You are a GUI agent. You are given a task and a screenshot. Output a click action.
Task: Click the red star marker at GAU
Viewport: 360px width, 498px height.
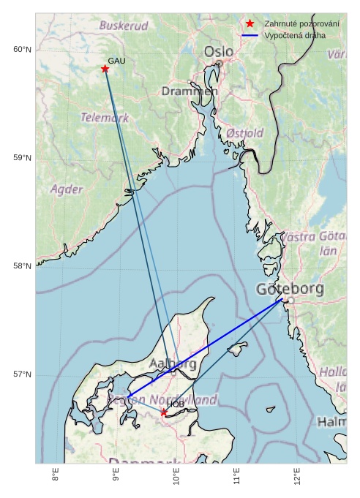pyautogui.click(x=105, y=69)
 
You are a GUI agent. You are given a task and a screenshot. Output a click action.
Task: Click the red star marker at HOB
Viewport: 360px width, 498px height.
pyautogui.click(x=164, y=412)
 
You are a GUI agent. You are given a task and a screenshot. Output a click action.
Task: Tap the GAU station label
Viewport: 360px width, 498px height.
pyautogui.click(x=117, y=61)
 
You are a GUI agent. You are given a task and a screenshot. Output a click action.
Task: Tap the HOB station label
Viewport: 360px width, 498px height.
pyautogui.click(x=176, y=404)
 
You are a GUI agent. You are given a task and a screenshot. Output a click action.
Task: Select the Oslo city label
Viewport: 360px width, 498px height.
pyautogui.click(x=219, y=52)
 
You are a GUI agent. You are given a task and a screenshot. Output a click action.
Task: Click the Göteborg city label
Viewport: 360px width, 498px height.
pyautogui.click(x=290, y=290)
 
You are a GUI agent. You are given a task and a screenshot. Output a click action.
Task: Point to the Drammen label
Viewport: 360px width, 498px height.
pyautogui.click(x=190, y=91)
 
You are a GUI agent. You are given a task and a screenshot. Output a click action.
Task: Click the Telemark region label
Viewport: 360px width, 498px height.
pyautogui.click(x=105, y=117)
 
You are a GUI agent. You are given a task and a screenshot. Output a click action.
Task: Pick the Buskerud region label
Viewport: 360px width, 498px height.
pyautogui.click(x=124, y=26)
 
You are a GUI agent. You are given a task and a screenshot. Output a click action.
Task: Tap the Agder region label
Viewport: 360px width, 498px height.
pyautogui.click(x=67, y=189)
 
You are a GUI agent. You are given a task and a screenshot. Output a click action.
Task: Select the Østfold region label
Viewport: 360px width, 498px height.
pyautogui.click(x=244, y=133)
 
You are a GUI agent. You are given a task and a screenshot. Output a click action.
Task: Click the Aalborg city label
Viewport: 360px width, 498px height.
pyautogui.click(x=173, y=363)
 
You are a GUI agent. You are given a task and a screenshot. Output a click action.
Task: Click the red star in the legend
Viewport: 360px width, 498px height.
pyautogui.click(x=250, y=24)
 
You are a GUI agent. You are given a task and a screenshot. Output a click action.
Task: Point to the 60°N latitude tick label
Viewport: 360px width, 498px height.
pyautogui.click(x=22, y=50)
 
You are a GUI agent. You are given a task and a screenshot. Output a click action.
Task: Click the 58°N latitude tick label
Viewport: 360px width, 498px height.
pyautogui.click(x=22, y=266)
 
